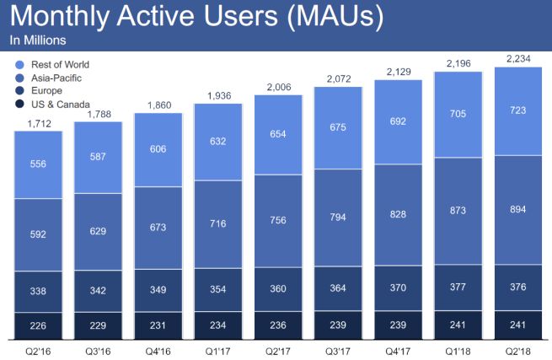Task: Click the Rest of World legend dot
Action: point(19,65)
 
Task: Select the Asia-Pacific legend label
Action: point(54,77)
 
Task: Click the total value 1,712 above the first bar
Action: point(38,122)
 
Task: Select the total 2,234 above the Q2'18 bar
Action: point(518,58)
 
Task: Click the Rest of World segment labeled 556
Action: point(38,164)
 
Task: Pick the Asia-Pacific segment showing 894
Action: point(518,210)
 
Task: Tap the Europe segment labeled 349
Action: point(158,291)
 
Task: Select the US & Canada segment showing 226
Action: point(38,323)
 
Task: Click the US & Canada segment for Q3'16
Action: point(98,323)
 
